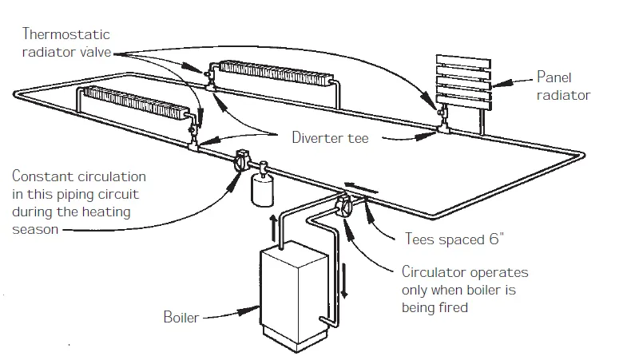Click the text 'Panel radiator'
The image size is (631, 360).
tap(562, 87)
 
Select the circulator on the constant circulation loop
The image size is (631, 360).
tap(242, 164)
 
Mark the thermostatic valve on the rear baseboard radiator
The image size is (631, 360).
tap(208, 76)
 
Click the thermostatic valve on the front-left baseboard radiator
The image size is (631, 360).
tap(192, 128)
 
